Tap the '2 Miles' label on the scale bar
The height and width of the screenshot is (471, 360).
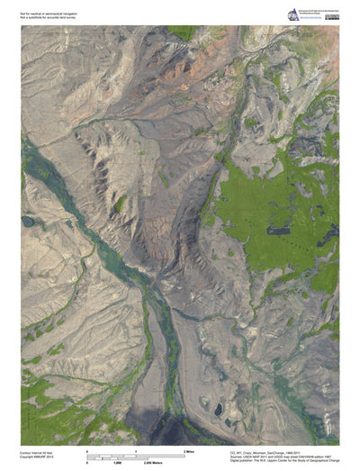(x=190, y=449)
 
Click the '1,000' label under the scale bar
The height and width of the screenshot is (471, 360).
(x=117, y=461)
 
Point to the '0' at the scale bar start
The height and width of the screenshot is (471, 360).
(x=86, y=449)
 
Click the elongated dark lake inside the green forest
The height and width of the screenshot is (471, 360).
(x=278, y=231)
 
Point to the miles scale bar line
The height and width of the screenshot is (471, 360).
(x=135, y=454)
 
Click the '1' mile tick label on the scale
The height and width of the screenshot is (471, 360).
(x=135, y=449)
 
